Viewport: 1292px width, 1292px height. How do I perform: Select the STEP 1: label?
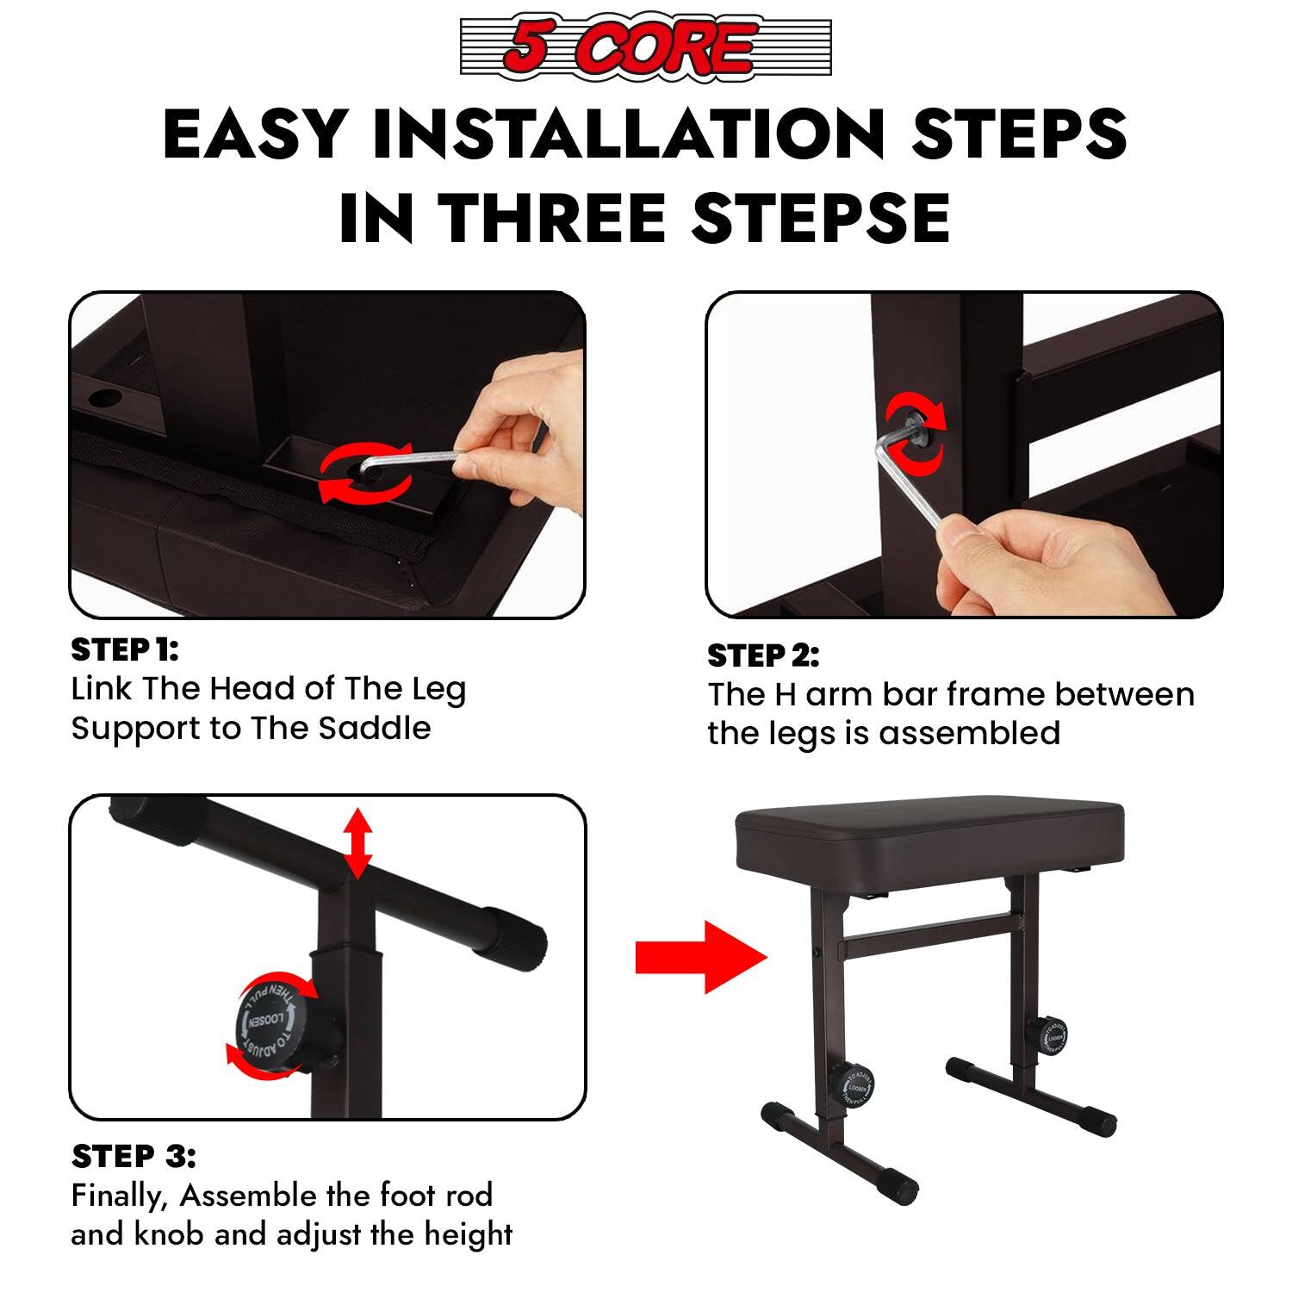[x=124, y=650]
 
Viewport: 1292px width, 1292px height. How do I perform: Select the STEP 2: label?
[x=763, y=656]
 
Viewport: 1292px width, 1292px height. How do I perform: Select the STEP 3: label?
[x=134, y=1156]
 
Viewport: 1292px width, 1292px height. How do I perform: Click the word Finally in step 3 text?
[x=120, y=1196]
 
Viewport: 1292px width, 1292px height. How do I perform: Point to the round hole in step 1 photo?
[x=104, y=398]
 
